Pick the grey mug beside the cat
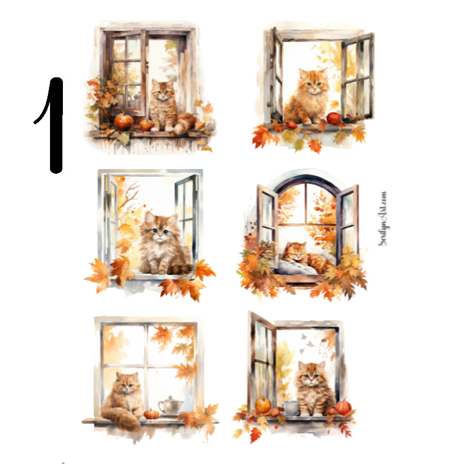(x=291, y=407)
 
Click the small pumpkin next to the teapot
(x=151, y=413)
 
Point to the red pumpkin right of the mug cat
(x=343, y=407)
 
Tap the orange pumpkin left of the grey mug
(x=263, y=405)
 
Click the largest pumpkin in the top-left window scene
(x=124, y=122)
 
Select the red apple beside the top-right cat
(x=334, y=118)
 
